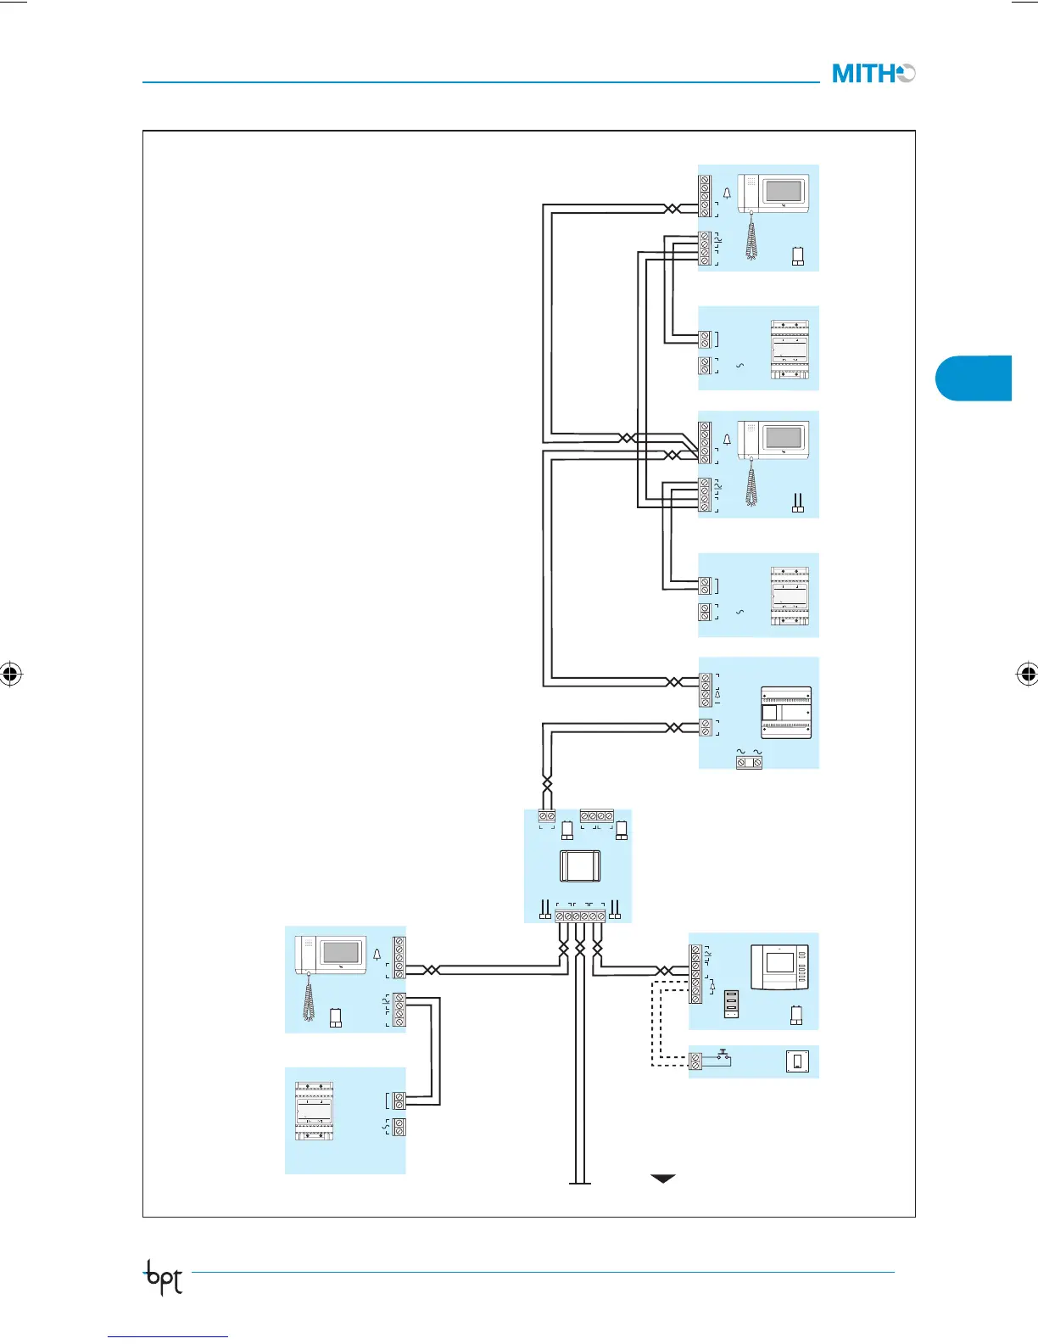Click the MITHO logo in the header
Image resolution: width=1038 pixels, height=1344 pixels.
pyautogui.click(x=873, y=74)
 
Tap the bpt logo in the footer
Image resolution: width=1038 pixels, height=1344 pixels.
pyautogui.click(x=164, y=1277)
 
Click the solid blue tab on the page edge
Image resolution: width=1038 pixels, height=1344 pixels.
pyautogui.click(x=975, y=378)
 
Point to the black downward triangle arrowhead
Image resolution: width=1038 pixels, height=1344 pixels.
pyautogui.click(x=662, y=1179)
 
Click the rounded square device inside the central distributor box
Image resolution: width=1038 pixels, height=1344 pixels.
pyautogui.click(x=580, y=866)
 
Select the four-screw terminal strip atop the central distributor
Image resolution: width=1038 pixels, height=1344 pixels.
pyautogui.click(x=596, y=816)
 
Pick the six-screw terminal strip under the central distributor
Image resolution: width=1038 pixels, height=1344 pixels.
pyautogui.click(x=580, y=916)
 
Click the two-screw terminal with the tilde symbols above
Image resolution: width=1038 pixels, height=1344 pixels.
pyautogui.click(x=749, y=763)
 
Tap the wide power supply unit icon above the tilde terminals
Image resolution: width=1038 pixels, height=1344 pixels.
pyautogui.click(x=785, y=713)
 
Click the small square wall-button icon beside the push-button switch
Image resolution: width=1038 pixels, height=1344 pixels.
pyautogui.click(x=796, y=1061)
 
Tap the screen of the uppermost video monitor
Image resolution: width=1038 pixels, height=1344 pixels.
pyautogui.click(x=783, y=190)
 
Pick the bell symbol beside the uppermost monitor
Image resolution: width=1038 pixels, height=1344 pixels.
pyautogui.click(x=727, y=193)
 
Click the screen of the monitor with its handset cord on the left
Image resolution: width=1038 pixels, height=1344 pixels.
pyautogui.click(x=340, y=951)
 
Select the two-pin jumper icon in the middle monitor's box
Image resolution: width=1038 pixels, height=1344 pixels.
pyautogui.click(x=796, y=504)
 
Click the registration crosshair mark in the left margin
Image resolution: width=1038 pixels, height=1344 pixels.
pyautogui.click(x=10, y=675)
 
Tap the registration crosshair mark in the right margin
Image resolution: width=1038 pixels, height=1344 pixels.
pyautogui.click(x=1027, y=675)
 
